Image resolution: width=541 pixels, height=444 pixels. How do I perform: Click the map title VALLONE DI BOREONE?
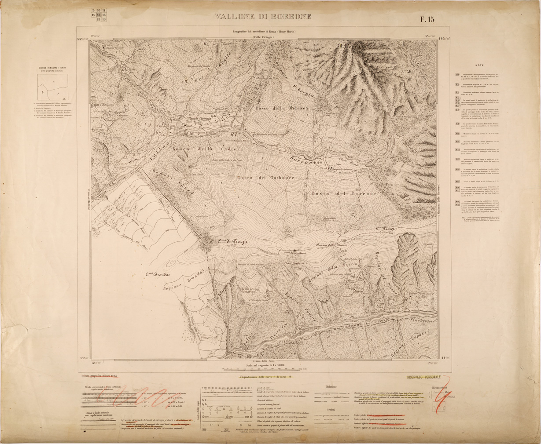click(263, 17)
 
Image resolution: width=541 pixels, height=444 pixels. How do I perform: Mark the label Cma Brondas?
click(158, 275)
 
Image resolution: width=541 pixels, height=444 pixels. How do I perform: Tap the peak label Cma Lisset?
click(386, 229)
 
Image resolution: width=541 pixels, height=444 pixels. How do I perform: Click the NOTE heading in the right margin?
click(480, 64)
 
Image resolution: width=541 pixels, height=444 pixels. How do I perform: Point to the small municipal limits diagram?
click(53, 87)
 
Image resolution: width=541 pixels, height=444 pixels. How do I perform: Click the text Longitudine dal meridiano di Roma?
click(264, 32)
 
